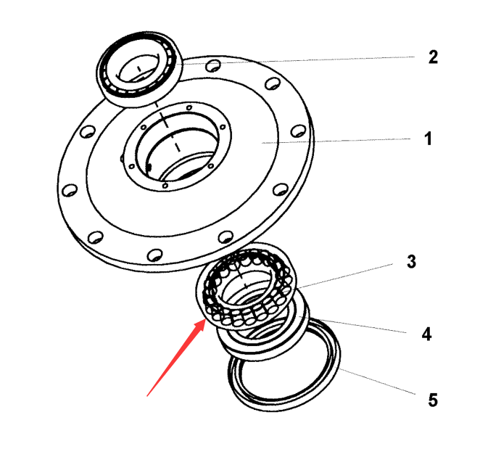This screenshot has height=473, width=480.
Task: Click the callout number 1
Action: pos(428,139)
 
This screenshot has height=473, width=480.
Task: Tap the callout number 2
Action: pos(433,57)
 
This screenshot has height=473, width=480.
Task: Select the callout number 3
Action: pos(411,261)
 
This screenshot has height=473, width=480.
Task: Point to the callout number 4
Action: pos(426,334)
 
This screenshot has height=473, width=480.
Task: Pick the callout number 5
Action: pos(433,400)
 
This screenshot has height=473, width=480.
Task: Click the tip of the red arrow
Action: pos(206,318)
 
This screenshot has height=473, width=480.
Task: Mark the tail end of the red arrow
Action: pos(147,396)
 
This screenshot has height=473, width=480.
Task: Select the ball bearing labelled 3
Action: pos(246,286)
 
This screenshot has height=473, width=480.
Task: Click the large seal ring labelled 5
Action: pos(284,365)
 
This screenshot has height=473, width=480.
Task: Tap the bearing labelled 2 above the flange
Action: pos(139,69)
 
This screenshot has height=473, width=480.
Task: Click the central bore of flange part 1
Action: pos(178,147)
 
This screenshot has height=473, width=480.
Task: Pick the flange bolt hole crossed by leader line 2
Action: pos(213,65)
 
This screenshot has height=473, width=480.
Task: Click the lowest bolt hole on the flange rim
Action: pos(154,255)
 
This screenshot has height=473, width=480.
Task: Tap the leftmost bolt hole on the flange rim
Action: pos(70,190)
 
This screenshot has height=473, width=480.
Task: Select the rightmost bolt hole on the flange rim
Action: pos(298,131)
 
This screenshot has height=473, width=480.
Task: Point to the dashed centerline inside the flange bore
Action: pos(167,127)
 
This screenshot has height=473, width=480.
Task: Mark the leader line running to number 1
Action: pos(336,141)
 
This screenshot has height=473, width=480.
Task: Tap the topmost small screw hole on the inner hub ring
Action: pos(189,107)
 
